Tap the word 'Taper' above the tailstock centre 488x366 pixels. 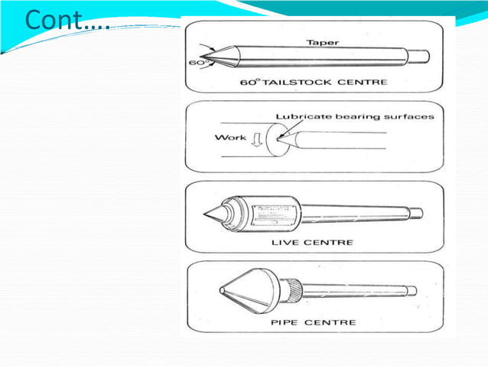(323, 43)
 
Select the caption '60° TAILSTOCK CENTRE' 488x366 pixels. (314, 82)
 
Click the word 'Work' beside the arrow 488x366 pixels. (230, 138)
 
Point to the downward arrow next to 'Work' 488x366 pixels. (258, 139)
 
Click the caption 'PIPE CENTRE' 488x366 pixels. (313, 322)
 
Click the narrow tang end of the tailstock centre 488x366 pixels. (420, 57)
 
